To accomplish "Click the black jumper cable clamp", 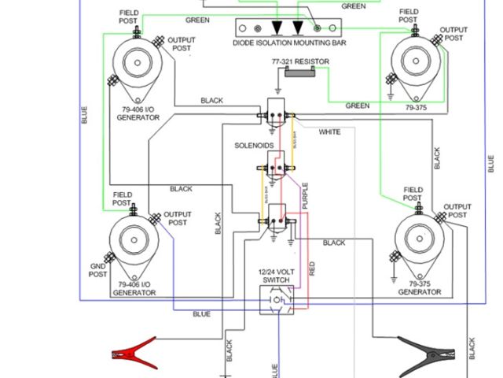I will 424,349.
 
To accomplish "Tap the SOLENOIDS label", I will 254,146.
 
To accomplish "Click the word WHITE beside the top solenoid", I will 329,132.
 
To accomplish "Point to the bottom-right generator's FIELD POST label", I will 413,195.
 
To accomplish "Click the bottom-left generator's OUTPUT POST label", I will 178,218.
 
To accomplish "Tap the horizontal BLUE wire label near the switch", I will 202,314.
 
